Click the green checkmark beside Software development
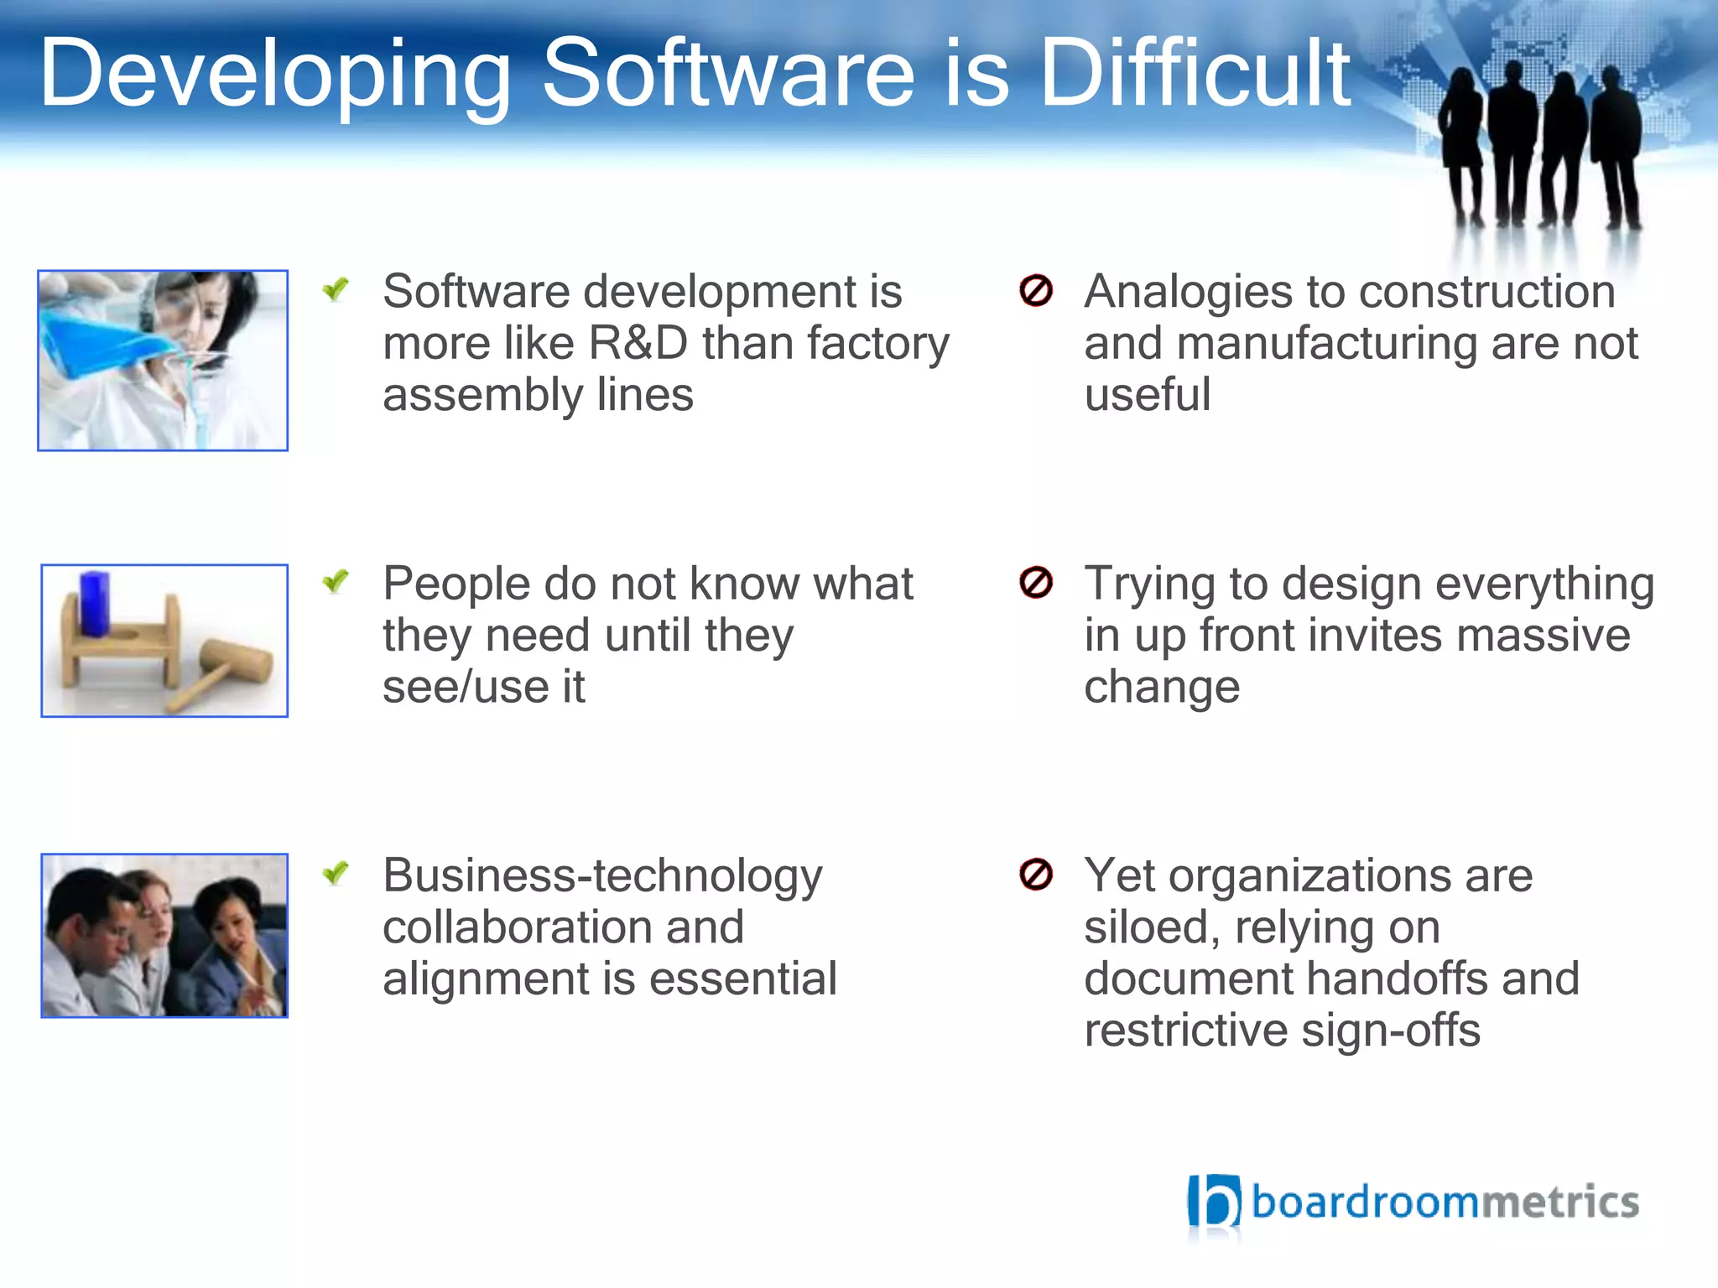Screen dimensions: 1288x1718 click(336, 290)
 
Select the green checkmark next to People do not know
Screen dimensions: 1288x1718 click(336, 581)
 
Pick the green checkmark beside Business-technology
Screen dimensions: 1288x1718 click(336, 874)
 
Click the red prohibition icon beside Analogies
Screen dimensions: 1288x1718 click(1035, 291)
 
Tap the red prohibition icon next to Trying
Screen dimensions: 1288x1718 click(1035, 582)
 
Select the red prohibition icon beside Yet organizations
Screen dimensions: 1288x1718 click(1035, 874)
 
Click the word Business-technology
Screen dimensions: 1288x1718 click(602, 877)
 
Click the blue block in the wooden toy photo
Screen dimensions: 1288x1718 click(94, 604)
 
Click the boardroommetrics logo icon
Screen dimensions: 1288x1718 click(1213, 1202)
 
